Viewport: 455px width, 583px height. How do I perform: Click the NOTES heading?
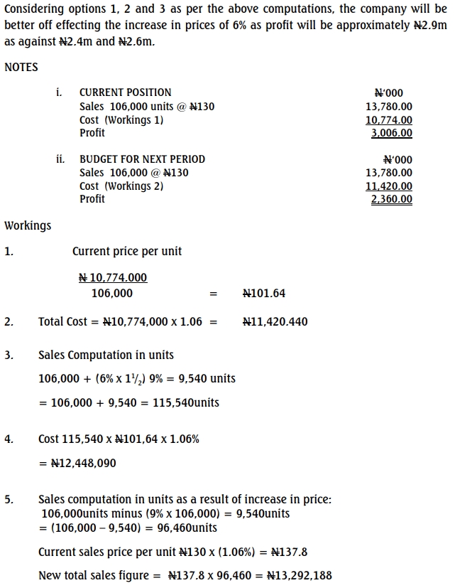21,67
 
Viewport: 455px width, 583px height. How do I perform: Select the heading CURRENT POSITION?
125,92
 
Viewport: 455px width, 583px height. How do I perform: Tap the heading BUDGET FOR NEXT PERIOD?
142,159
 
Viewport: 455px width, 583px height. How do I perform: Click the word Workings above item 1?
28,225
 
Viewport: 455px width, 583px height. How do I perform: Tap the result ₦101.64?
264,293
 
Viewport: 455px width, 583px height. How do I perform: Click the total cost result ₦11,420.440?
275,321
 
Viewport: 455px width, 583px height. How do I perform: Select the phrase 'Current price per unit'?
127,251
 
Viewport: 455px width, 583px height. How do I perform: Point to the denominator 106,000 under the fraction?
111,293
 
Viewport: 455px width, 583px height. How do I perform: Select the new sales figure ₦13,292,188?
299,575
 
